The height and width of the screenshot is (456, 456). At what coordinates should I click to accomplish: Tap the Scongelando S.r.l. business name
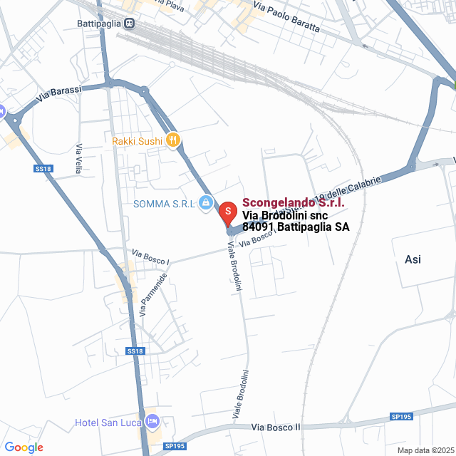[x=294, y=203]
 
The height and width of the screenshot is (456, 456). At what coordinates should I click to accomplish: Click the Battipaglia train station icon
[x=129, y=23]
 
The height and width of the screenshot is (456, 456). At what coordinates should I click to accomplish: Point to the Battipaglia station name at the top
[x=99, y=23]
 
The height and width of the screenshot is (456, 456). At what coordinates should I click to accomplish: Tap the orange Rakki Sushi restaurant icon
[x=172, y=140]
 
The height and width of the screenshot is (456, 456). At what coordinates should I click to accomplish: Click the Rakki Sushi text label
[x=138, y=141]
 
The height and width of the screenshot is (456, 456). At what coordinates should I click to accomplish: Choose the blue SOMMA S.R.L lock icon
[x=205, y=204]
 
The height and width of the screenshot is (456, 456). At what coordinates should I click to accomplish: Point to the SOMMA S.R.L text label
[x=164, y=204]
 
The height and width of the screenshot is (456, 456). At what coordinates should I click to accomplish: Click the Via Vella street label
[x=78, y=159]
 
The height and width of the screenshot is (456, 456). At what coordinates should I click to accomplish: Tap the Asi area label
[x=413, y=259]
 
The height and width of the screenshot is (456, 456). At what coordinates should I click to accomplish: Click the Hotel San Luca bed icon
[x=151, y=422]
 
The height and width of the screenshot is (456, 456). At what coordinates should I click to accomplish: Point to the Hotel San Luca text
[x=108, y=423]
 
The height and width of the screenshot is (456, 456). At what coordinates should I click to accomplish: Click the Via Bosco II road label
[x=276, y=427]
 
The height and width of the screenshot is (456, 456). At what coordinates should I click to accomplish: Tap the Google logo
[x=24, y=447]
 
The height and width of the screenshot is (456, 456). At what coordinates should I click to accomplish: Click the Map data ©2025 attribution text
[x=425, y=450]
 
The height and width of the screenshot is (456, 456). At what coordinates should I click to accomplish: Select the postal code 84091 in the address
[x=258, y=227]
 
